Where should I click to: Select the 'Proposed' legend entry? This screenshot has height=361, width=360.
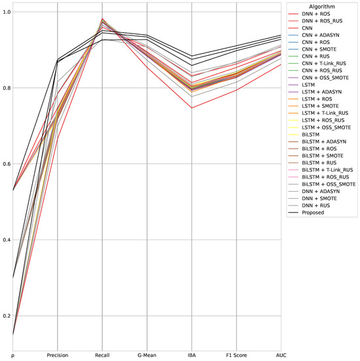pyautogui.click(x=317, y=213)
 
